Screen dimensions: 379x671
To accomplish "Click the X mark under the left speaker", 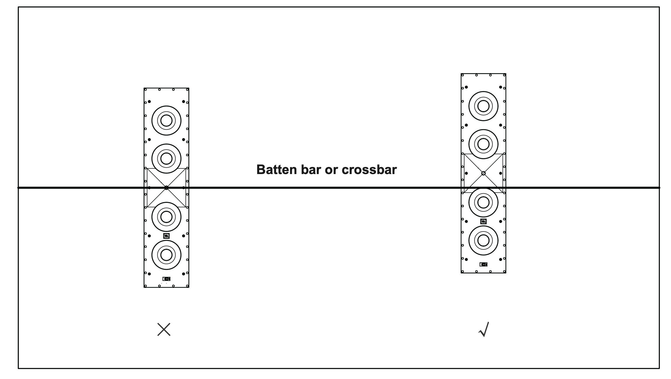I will click(164, 329).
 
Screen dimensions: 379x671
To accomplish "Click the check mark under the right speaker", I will click(484, 329).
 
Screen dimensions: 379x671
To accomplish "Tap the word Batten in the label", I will click(276, 170).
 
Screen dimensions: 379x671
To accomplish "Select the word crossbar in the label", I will click(369, 170).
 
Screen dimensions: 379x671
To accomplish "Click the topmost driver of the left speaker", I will click(166, 120).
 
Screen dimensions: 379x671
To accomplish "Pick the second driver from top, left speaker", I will click(166, 158).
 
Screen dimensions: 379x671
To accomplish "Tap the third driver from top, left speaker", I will click(166, 217).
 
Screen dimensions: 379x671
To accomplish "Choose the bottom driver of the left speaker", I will click(166, 255).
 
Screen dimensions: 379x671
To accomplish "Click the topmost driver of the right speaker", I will click(483, 106).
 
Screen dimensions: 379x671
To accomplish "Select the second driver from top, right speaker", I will click(483, 144).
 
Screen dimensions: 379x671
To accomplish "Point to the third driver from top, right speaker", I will click(483, 202).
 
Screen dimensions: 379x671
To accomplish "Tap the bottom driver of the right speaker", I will click(483, 241).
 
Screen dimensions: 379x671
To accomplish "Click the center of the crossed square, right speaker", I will click(483, 173).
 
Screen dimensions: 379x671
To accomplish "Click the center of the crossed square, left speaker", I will click(166, 188).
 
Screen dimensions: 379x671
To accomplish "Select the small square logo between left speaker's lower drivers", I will click(166, 236).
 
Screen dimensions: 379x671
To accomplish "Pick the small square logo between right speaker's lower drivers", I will click(483, 222).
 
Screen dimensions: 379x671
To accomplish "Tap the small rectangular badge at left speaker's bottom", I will click(166, 279).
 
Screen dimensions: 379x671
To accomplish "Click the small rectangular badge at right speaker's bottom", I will click(483, 264).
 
